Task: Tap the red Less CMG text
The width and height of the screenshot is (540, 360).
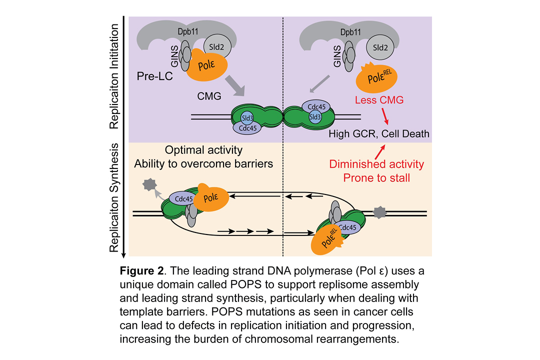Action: [x=379, y=100]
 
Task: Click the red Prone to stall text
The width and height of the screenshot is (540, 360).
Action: [x=376, y=177]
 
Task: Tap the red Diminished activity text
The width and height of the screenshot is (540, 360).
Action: [x=376, y=164]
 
